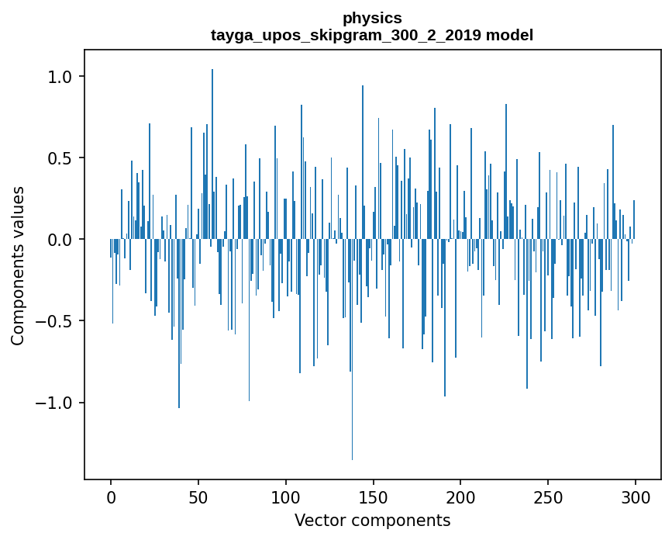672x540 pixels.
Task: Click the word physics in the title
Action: point(372,18)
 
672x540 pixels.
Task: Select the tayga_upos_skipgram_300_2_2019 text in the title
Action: point(346,35)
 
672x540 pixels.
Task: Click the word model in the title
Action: point(509,35)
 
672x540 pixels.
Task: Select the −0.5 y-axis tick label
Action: point(57,321)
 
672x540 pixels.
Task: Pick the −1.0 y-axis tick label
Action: point(57,403)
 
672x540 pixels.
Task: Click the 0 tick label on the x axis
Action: point(111,497)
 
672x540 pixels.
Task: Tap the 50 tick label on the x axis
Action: point(198,497)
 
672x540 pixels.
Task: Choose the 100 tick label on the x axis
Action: point(286,497)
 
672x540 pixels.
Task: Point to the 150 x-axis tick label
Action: point(373,497)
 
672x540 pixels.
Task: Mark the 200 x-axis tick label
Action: point(460,497)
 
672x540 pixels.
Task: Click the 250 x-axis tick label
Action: point(548,497)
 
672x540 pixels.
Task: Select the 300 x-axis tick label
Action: point(636,497)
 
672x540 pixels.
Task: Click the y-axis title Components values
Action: point(18,265)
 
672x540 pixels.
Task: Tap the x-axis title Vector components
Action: point(372,520)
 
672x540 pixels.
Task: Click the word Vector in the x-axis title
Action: point(319,520)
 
